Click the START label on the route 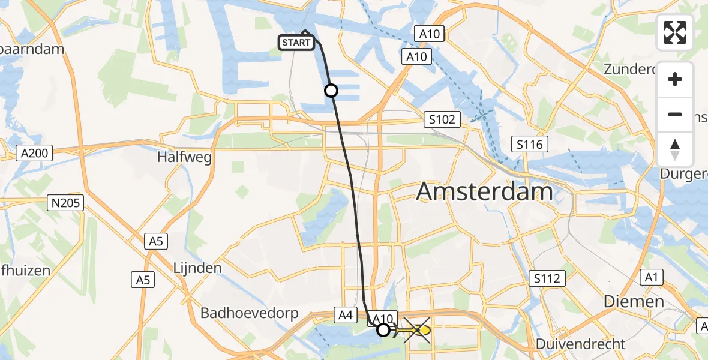coord(296,43)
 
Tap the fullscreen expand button coord(675,32)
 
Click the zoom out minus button coord(675,114)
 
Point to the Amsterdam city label coord(484,191)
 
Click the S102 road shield coord(442,119)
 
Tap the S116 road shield coord(530,144)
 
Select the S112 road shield coord(547,278)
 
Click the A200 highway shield coord(35,153)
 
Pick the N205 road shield coord(66,203)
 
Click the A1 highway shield coord(650,277)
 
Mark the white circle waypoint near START coord(331,91)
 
